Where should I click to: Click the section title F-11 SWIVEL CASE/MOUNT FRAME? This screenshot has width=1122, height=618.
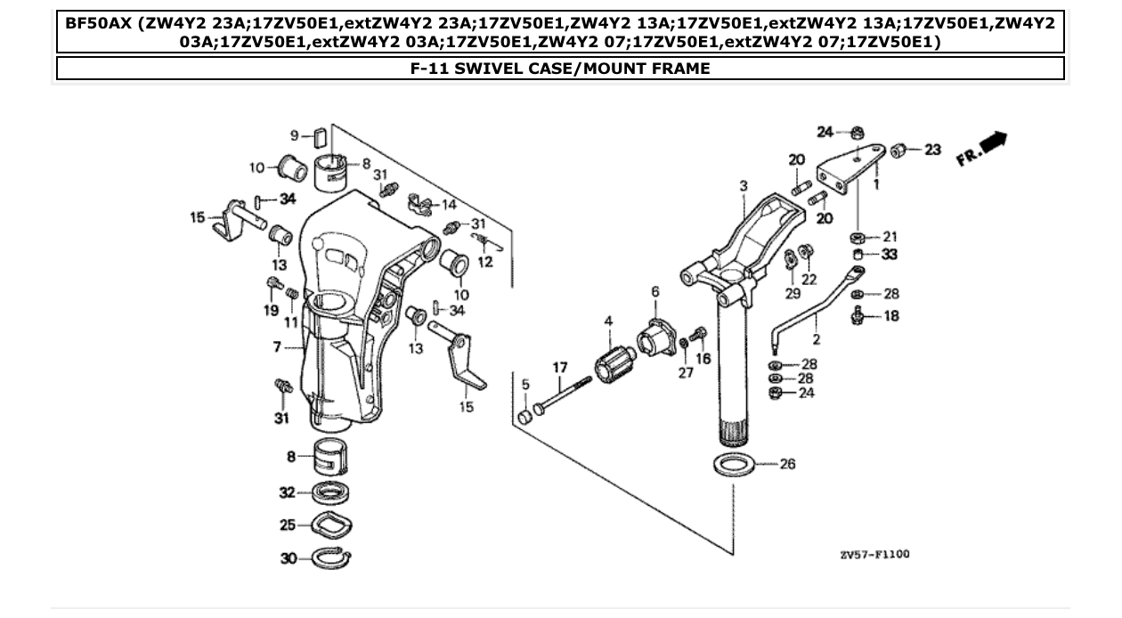[560, 69]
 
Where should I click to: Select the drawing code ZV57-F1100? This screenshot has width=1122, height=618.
[874, 555]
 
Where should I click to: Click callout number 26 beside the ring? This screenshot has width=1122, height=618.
[787, 464]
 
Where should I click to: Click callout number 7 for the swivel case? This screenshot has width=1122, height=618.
[278, 347]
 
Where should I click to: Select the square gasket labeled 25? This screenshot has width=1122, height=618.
[329, 526]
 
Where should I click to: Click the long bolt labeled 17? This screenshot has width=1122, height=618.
[562, 397]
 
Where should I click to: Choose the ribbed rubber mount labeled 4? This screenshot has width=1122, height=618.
[614, 366]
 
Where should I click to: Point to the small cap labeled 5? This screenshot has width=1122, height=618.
[525, 417]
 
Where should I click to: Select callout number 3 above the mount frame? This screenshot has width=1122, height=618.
[743, 185]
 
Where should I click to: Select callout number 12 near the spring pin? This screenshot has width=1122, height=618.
[484, 262]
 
